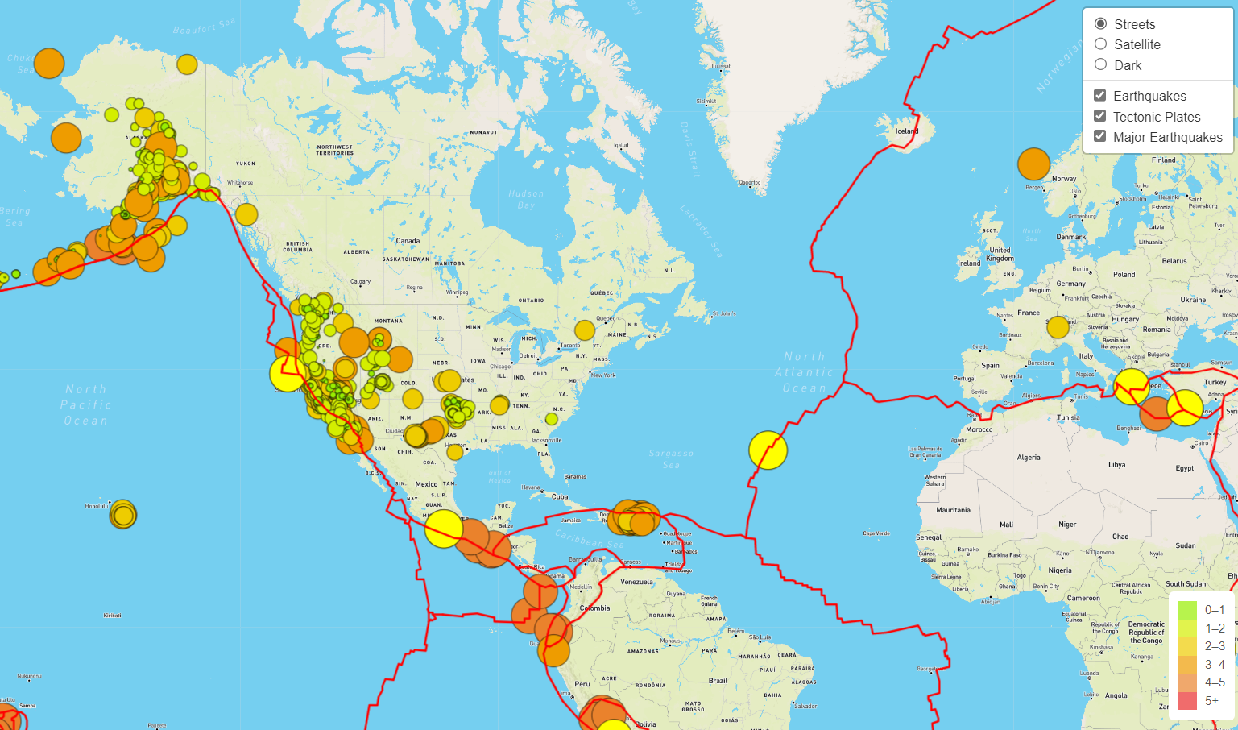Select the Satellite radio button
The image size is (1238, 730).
point(1101,44)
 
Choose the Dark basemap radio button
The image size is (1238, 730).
point(1101,65)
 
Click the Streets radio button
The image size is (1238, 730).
point(1101,24)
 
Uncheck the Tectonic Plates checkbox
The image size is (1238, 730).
point(1100,117)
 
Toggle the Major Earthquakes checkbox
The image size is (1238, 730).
point(1100,137)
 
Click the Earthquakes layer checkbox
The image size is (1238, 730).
point(1100,96)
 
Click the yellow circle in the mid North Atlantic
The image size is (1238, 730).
point(768,450)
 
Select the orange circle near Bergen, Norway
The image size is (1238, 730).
point(1033,164)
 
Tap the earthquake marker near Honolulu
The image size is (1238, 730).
point(123,514)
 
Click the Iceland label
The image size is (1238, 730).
point(907,131)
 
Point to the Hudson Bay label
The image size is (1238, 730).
point(526,199)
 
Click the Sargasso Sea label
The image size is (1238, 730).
point(671,459)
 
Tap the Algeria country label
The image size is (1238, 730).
point(1029,458)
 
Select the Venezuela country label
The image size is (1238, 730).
point(636,582)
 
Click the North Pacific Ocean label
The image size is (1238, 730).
point(86,404)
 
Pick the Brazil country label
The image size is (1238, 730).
point(718,681)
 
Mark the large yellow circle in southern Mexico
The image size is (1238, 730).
point(443,529)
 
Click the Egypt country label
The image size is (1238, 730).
point(1184,468)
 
